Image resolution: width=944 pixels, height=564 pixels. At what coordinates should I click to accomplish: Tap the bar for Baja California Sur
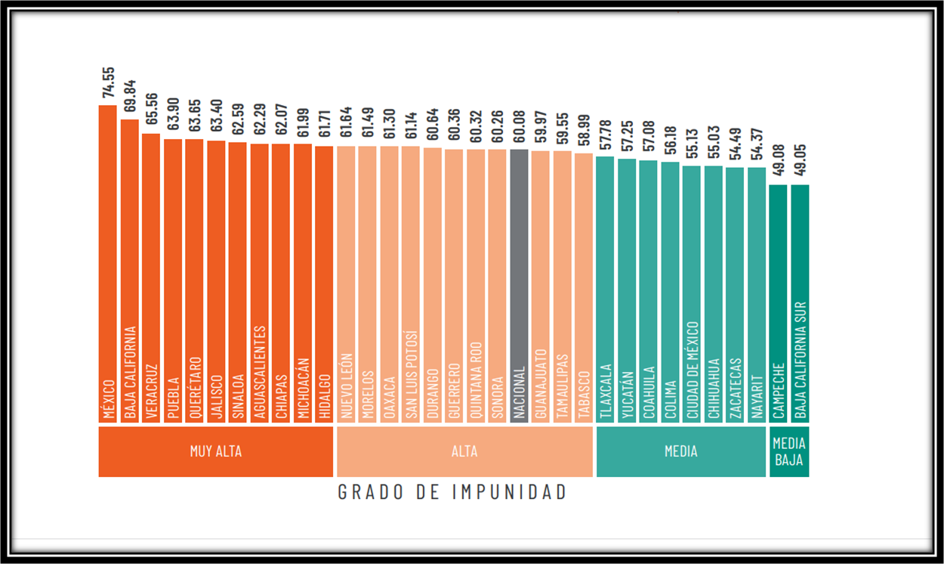(x=800, y=302)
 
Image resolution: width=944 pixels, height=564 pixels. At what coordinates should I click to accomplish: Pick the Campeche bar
(x=779, y=302)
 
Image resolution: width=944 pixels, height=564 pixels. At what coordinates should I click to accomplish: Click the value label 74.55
(x=109, y=82)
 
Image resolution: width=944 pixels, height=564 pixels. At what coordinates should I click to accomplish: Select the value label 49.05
(x=801, y=162)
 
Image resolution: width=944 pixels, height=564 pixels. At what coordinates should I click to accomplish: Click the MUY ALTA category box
(x=216, y=452)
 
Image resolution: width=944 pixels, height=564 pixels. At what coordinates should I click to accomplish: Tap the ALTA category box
(x=464, y=452)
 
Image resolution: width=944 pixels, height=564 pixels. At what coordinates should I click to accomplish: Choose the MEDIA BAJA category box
(x=789, y=452)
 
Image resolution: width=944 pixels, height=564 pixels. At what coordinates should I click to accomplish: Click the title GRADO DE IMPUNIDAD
(x=452, y=492)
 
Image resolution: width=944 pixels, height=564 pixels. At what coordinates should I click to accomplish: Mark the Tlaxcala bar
(x=605, y=288)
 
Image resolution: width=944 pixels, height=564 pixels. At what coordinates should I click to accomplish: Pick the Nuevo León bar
(x=346, y=284)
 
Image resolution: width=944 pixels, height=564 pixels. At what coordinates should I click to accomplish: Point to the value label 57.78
(x=606, y=134)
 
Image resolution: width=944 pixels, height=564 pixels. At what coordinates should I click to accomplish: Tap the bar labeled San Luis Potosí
(x=411, y=284)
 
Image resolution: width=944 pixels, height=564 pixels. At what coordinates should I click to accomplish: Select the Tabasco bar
(x=584, y=287)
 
